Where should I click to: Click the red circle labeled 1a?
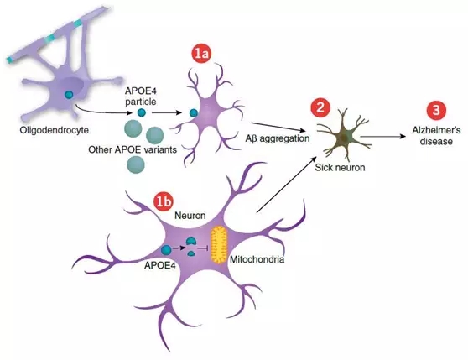coord(201,53)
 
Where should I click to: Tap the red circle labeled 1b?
coord(164,201)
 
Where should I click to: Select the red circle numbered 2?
coord(320,107)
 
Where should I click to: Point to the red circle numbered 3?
coord(436,110)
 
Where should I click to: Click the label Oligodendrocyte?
coord(55,130)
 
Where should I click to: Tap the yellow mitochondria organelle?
coord(220,244)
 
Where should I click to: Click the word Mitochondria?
coord(257,259)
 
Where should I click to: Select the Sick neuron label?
coord(340,167)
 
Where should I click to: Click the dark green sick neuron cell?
coord(344,137)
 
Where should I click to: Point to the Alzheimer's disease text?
coord(436,135)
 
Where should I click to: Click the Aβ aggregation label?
coord(278,138)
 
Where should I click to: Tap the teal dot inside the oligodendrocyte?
coord(69,95)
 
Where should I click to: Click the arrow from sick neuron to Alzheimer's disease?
coord(383,137)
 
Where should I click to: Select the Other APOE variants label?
coord(133,149)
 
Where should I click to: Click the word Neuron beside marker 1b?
coord(190,215)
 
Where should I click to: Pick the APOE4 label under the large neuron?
coord(159,265)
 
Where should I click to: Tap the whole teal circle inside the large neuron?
coord(166,249)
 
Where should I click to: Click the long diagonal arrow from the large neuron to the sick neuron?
coord(287,184)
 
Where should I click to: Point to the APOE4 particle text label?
coord(141,97)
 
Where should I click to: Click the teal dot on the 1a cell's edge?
coord(194,112)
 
